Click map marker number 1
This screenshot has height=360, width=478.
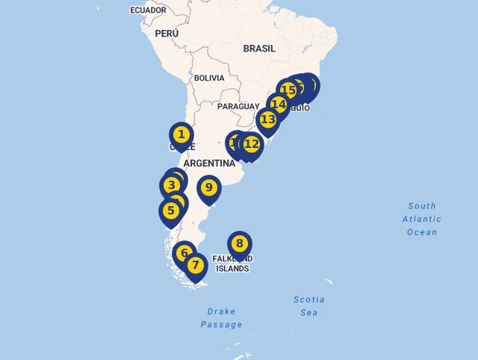click(181, 135)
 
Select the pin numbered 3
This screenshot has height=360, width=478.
click(172, 185)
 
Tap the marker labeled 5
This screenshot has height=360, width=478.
click(171, 211)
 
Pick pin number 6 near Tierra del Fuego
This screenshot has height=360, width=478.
click(184, 253)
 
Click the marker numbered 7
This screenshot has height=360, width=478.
click(196, 265)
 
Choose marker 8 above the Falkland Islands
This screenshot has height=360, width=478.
click(240, 243)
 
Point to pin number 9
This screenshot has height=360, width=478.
click(209, 187)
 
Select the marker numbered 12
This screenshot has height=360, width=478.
click(252, 144)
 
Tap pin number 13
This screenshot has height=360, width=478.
click(267, 119)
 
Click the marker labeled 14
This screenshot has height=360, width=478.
click(279, 105)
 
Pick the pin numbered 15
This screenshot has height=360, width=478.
click(288, 90)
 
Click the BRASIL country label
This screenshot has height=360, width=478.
click(259, 49)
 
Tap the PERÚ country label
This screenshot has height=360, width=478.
click(167, 34)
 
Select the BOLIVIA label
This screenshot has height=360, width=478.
click(209, 78)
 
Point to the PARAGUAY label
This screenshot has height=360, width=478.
click(238, 107)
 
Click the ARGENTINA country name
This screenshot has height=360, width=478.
click(209, 163)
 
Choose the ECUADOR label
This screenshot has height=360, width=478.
click(148, 10)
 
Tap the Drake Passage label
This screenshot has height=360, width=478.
click(221, 317)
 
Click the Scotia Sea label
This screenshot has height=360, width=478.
click(309, 305)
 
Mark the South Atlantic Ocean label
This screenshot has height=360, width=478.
click(422, 219)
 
